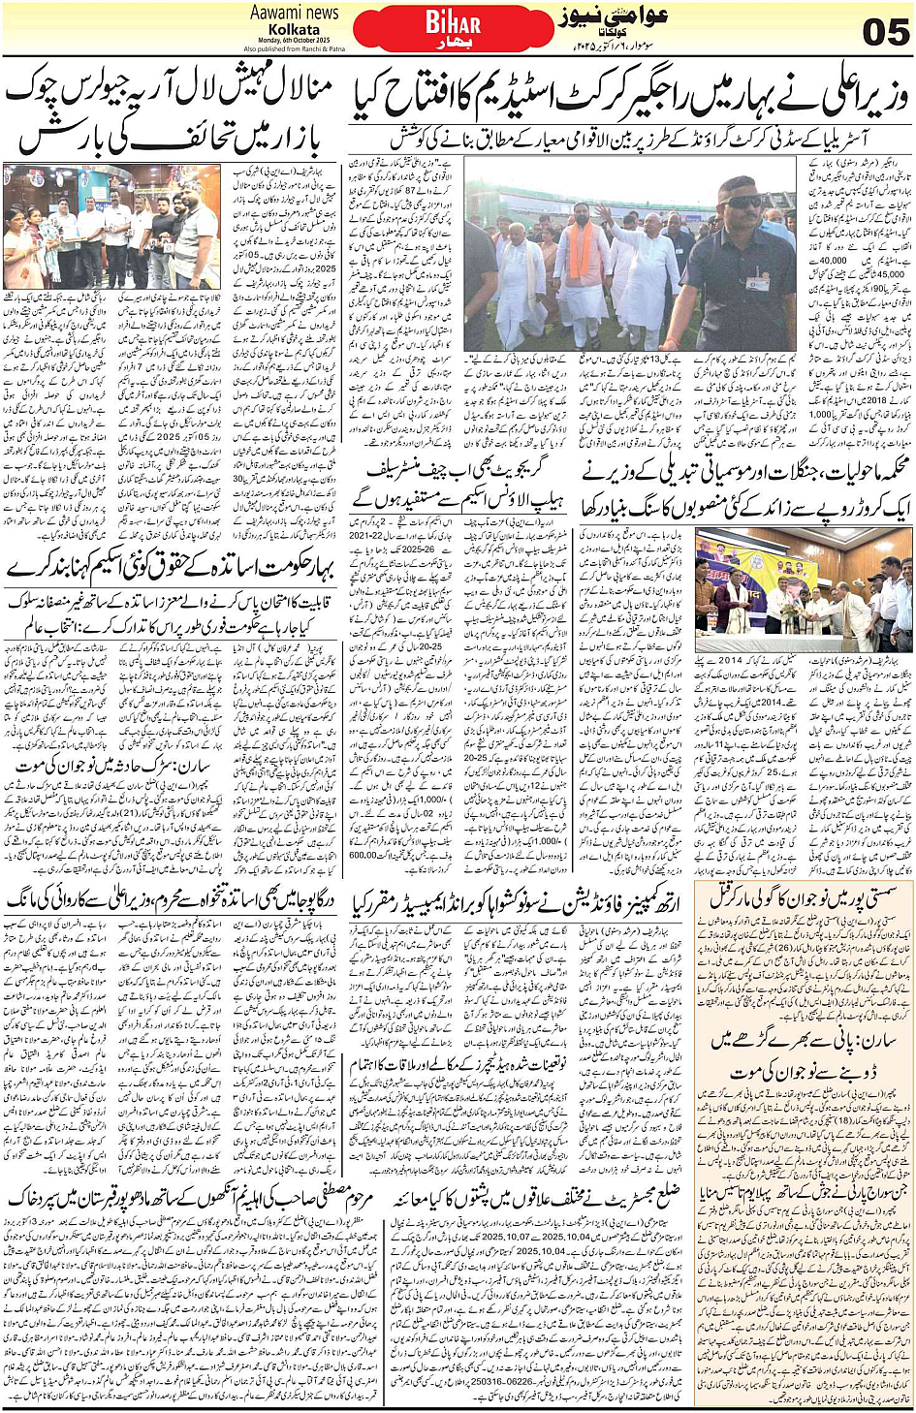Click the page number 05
click(884, 32)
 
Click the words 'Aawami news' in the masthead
click(294, 13)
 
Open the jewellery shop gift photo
click(111, 228)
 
